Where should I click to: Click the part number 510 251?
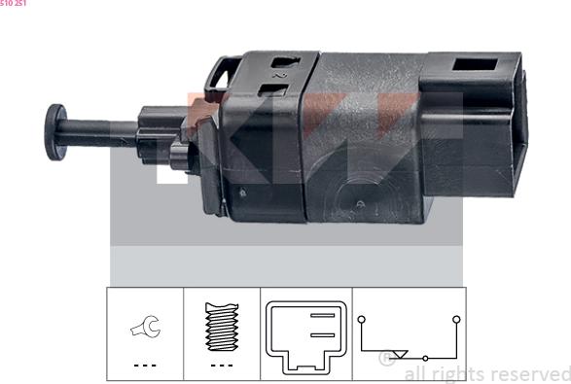[14, 4]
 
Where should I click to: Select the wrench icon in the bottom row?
[143, 331]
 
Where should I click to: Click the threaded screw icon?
[222, 328]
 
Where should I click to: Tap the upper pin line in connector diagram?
[320, 315]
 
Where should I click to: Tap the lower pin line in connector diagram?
[320, 333]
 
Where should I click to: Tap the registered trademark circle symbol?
[385, 359]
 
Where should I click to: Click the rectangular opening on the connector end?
[479, 71]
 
